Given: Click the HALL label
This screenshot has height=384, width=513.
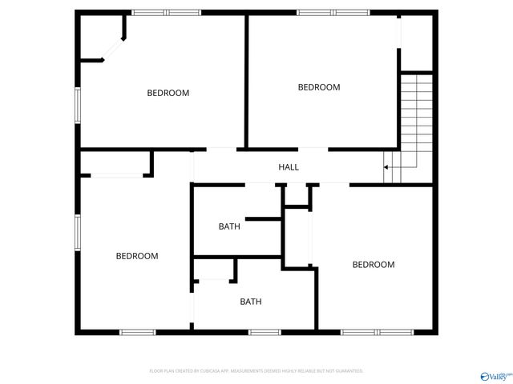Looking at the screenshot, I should tap(289, 167).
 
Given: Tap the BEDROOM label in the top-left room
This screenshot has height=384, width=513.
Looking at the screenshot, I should tap(168, 93).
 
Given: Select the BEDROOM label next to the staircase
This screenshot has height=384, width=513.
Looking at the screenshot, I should tap(319, 87).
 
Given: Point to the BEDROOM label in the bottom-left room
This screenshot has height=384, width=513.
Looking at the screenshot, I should tap(137, 256).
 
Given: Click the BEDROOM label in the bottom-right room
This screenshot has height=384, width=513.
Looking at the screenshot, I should tap(374, 265).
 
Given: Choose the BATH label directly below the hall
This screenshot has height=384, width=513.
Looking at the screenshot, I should tap(229, 226).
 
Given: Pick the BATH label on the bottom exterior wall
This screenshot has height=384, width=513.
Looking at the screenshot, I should tap(251, 302).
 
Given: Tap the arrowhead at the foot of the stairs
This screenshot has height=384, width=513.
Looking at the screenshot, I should tap(386, 167).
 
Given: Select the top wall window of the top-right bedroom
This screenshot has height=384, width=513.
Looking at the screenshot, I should tap(333, 12).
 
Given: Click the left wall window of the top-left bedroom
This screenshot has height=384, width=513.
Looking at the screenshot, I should tap(78, 105).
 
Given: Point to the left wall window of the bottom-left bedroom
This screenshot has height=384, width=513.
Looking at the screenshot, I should tap(78, 232).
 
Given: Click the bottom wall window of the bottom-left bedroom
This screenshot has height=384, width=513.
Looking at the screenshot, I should tap(136, 332).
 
